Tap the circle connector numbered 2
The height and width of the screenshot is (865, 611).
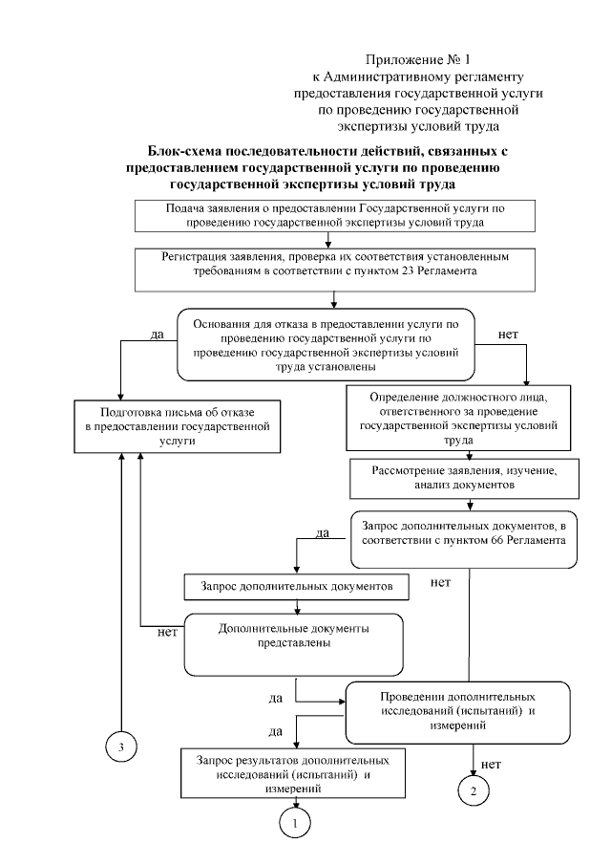(x=473, y=789)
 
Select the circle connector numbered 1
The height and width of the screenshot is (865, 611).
(x=296, y=820)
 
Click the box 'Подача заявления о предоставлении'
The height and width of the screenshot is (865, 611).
(x=329, y=216)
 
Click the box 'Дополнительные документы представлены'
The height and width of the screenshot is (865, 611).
(x=294, y=637)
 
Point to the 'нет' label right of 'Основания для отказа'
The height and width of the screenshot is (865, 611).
(x=510, y=335)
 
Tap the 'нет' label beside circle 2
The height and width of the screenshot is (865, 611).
(x=492, y=764)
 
